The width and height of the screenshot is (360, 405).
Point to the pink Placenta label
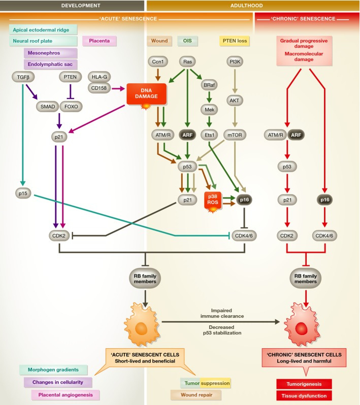pyautogui.click(x=100, y=40)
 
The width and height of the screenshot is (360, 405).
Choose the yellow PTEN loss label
pyautogui.click(x=235, y=40)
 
